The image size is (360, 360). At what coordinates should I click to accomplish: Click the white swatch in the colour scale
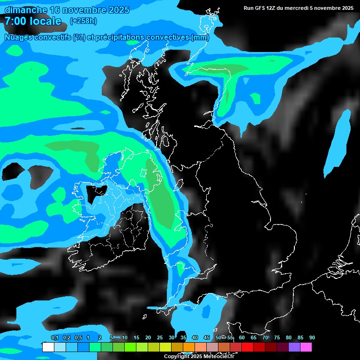click(x=48, y=347)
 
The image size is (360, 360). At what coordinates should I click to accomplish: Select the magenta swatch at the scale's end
click(x=306, y=347)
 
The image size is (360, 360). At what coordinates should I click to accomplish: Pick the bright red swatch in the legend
click(x=247, y=347)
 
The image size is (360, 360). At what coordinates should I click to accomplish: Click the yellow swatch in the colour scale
click(x=165, y=347)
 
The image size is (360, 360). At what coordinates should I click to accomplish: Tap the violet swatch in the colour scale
click(x=294, y=347)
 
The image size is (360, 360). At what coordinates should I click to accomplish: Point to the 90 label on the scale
click(x=312, y=338)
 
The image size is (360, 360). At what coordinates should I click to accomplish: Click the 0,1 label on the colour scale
click(x=54, y=338)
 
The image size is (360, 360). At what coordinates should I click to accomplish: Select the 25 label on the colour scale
click(x=159, y=338)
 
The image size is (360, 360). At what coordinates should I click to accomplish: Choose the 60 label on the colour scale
click(x=241, y=338)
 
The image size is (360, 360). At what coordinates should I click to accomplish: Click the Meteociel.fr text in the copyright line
click(x=218, y=357)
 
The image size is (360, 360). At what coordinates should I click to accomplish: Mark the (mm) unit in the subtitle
click(x=200, y=37)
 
